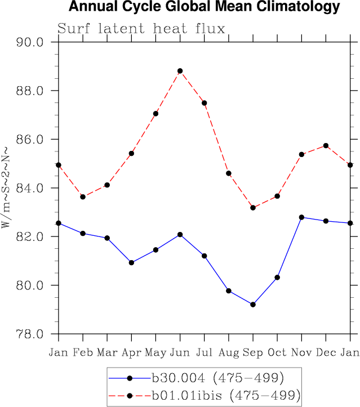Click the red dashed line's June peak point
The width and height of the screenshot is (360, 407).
(x=180, y=71)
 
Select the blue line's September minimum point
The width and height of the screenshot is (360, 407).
(x=253, y=305)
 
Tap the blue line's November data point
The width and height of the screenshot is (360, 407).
(x=301, y=217)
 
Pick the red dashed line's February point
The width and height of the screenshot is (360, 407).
(x=83, y=196)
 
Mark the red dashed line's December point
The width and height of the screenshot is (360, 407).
(x=326, y=146)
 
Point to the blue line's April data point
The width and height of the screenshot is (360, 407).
(x=131, y=262)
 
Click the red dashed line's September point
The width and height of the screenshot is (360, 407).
(x=253, y=208)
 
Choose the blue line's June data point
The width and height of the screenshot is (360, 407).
(x=180, y=234)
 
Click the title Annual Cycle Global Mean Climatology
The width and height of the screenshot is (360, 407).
(x=205, y=7)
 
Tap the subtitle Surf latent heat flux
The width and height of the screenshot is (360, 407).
(x=141, y=29)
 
